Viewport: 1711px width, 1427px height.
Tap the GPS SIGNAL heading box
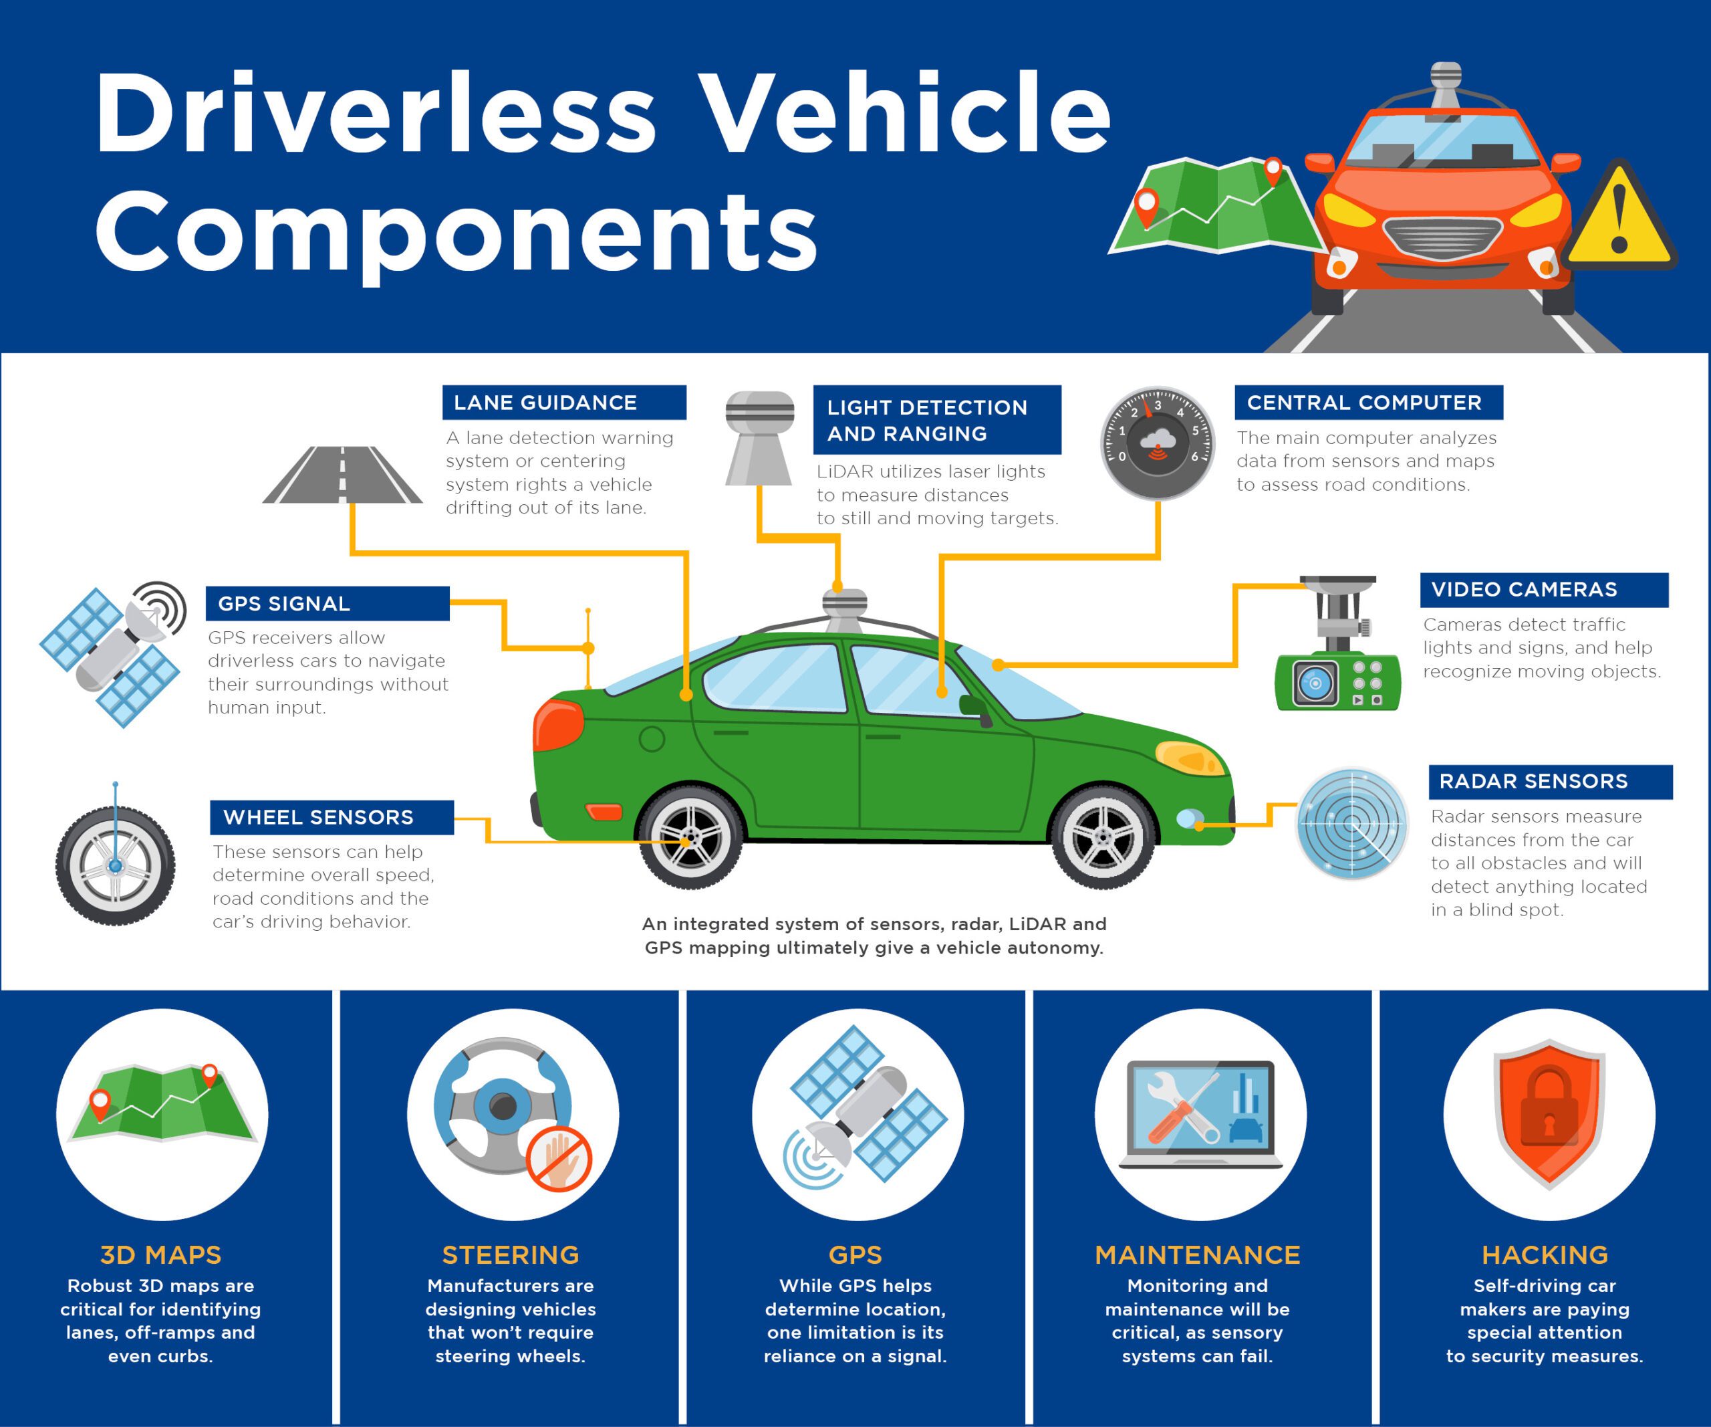coord(327,603)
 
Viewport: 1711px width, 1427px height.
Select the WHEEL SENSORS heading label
coord(331,816)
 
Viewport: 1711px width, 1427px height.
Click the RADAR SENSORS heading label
coord(1550,781)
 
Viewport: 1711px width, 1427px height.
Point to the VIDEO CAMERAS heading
coord(1543,589)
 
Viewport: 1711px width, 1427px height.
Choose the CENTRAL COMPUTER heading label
coord(1368,403)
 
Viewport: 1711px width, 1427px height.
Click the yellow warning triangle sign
coord(1619,217)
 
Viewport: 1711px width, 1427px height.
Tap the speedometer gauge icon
coord(1157,443)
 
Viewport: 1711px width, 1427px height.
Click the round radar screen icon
coord(1351,823)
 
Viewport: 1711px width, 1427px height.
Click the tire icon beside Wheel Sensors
coord(115,865)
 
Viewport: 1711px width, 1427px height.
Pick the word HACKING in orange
coord(1545,1254)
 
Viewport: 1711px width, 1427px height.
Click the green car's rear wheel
coord(690,837)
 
